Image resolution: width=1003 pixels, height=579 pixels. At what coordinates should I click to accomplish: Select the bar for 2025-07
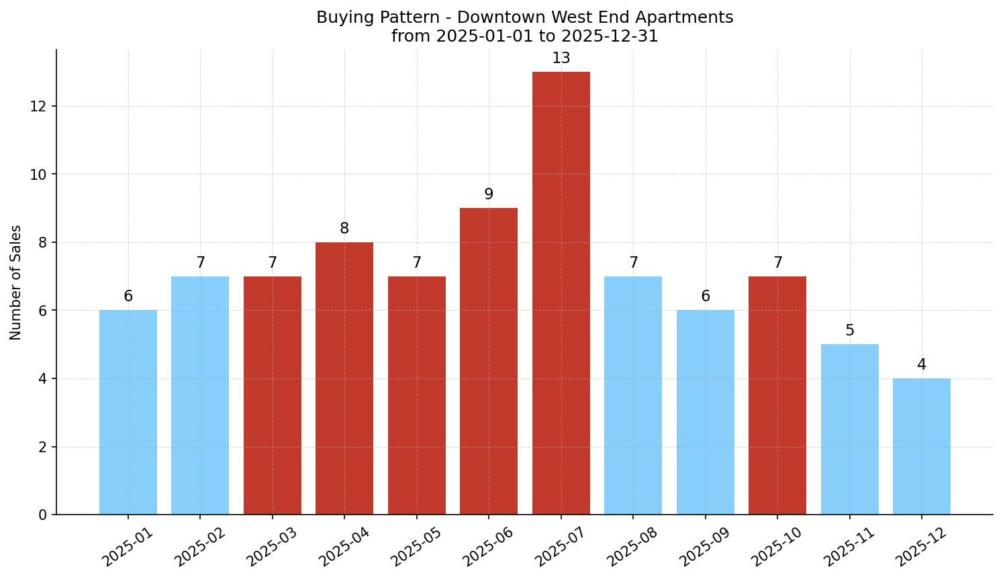click(561, 293)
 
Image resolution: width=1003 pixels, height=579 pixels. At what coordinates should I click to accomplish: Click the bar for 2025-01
click(128, 412)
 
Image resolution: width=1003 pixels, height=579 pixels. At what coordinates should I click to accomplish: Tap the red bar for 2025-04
click(344, 378)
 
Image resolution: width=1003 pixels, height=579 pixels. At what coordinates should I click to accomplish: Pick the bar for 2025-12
click(921, 446)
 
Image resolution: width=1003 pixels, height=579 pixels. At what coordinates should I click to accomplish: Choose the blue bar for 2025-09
click(705, 412)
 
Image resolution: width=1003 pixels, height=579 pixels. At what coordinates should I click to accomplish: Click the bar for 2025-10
click(777, 395)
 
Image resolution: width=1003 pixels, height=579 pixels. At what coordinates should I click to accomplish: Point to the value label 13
click(561, 58)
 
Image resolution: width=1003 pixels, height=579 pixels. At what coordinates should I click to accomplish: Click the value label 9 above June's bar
click(489, 195)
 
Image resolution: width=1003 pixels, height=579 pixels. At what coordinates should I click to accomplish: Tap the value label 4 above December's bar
click(921, 365)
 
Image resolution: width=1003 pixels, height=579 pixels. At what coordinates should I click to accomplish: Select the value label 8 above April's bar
click(344, 229)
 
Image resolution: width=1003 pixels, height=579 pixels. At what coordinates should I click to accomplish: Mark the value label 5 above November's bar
click(849, 331)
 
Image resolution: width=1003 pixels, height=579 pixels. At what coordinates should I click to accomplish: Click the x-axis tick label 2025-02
click(200, 546)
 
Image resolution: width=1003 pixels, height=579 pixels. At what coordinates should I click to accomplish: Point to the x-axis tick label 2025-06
click(489, 546)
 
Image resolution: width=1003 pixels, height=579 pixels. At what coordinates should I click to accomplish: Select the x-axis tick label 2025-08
click(633, 546)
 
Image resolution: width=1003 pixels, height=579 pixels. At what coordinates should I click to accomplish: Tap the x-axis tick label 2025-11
click(849, 546)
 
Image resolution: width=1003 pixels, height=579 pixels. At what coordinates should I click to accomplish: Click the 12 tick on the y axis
click(39, 106)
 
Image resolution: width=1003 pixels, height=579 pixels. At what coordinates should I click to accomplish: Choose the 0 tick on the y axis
click(43, 515)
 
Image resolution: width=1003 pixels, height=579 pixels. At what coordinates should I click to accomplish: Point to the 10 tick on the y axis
click(39, 174)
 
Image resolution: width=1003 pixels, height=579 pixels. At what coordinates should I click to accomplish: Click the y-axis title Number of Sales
click(16, 282)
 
